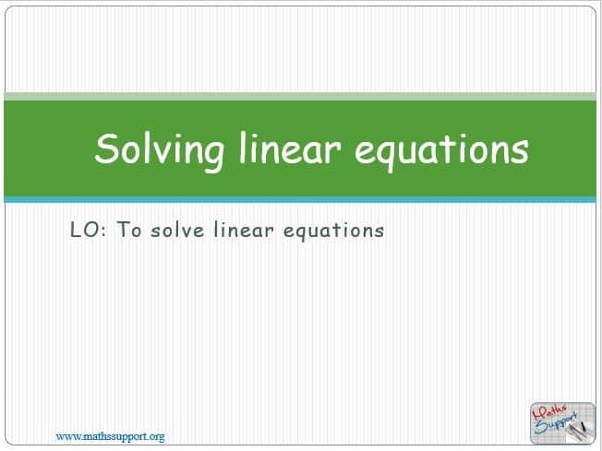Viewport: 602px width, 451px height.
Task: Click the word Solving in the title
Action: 160,151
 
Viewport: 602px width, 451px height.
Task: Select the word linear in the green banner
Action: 290,148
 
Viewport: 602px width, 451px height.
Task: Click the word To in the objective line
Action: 128,230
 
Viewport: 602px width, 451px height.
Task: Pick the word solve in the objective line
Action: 177,230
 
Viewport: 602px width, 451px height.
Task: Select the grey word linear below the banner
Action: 244,230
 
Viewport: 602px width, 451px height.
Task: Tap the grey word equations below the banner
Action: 333,231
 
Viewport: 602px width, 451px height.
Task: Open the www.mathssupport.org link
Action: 110,436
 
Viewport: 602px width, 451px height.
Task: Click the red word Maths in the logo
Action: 549,413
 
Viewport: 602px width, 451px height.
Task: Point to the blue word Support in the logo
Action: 556,423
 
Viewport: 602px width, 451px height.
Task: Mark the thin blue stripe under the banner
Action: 300,200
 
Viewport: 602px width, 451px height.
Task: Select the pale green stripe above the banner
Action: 300,96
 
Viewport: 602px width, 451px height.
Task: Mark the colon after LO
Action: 103,231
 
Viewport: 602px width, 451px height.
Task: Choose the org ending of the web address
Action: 157,437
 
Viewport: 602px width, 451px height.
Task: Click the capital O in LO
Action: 91,230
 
